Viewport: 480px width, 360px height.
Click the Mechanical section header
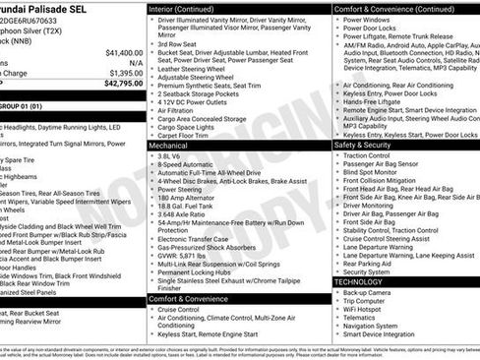(168, 145)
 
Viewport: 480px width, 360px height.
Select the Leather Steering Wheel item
(193, 69)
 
